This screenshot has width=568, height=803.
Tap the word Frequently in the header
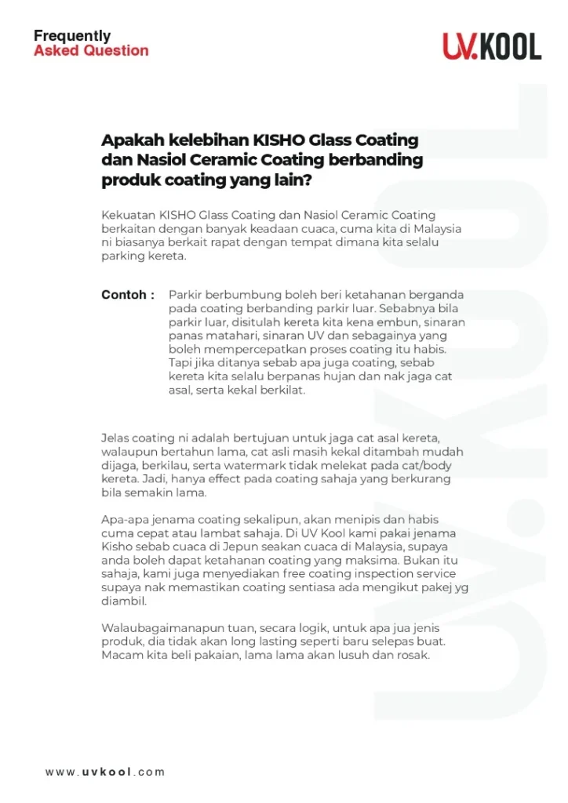72,36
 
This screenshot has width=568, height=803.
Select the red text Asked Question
91,51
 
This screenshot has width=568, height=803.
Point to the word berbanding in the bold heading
380,160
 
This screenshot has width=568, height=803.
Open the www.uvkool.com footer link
105,772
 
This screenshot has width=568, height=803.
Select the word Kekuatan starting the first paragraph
128,215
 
